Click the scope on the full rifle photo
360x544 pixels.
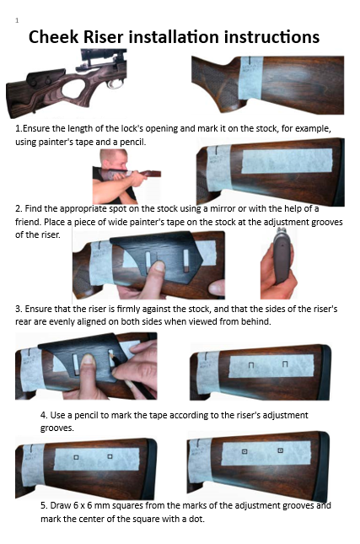click(x=96, y=56)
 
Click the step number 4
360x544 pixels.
click(x=44, y=416)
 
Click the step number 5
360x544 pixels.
click(x=44, y=505)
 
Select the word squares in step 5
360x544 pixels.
click(x=138, y=505)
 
